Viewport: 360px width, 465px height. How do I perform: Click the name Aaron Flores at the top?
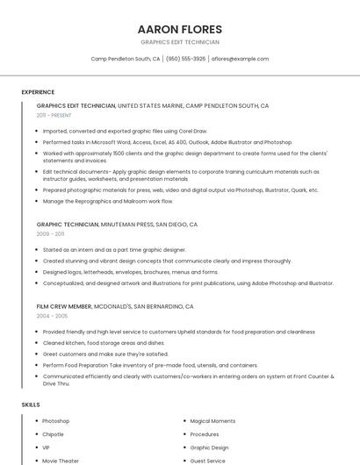[x=180, y=29]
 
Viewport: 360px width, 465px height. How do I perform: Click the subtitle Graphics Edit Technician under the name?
[x=180, y=42]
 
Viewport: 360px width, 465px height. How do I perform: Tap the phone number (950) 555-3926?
[x=185, y=59]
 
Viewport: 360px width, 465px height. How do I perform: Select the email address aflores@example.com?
[x=240, y=59]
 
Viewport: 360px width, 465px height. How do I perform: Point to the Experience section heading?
[x=38, y=92]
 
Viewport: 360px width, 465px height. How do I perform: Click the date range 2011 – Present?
[x=54, y=115]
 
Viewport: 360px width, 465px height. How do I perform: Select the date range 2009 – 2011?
[x=50, y=234]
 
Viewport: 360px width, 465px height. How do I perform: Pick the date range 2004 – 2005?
[x=51, y=316]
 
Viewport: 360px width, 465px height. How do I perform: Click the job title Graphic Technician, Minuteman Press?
[x=117, y=225]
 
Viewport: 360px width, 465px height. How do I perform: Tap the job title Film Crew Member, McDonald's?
[x=114, y=306]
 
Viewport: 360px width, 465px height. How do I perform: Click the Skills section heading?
[x=31, y=404]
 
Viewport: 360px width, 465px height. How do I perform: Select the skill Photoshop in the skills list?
[x=55, y=421]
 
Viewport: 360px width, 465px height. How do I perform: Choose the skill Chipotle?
[x=53, y=434]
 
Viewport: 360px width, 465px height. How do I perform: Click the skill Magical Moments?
[x=212, y=421]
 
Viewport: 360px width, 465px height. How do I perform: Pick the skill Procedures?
[x=205, y=434]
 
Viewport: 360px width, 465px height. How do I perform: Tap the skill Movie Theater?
[x=61, y=461]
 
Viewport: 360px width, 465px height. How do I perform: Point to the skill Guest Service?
[x=208, y=461]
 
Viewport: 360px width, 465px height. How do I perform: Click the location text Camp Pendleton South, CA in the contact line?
[x=126, y=59]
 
